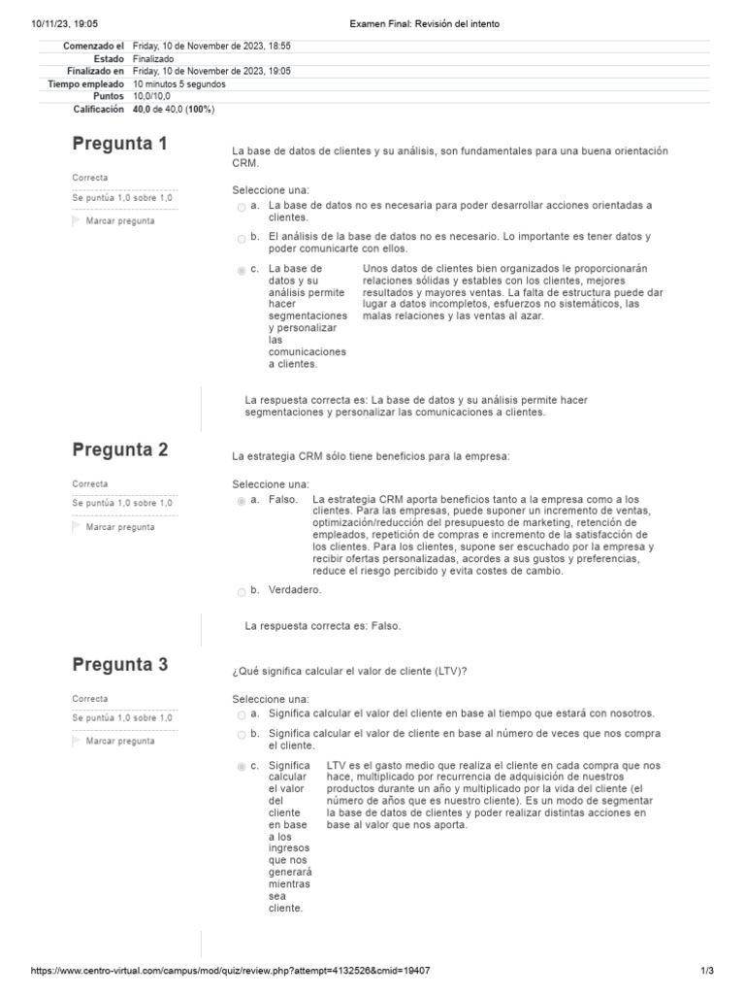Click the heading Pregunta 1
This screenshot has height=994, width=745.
point(119,144)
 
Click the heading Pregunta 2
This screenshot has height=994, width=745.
point(119,449)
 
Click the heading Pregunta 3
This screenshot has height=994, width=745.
point(119,665)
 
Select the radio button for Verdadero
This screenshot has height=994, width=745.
point(241,590)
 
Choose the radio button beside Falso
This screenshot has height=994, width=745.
point(241,501)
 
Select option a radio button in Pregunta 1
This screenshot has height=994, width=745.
point(241,207)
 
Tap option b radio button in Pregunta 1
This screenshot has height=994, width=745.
point(241,238)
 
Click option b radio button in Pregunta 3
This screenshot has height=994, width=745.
point(241,735)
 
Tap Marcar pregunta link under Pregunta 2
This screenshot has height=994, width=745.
point(119,527)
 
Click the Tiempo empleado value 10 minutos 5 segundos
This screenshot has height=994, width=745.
point(178,84)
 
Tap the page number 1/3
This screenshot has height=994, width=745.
point(706,971)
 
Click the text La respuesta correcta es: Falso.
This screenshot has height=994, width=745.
point(322,626)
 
